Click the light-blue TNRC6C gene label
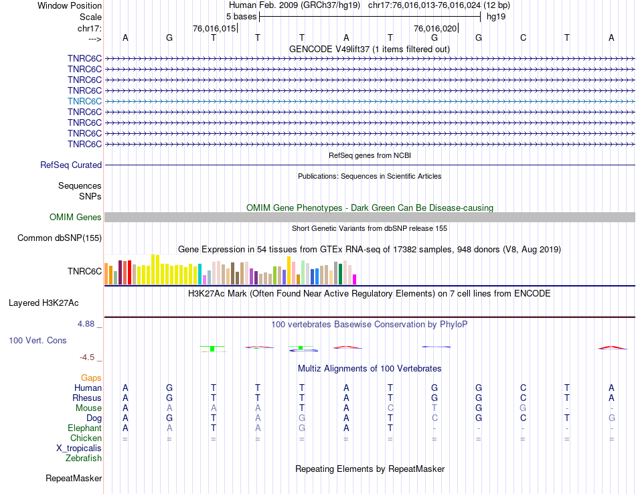(x=84, y=101)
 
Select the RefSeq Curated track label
(x=71, y=165)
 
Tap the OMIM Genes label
(x=75, y=217)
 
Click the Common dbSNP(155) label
(x=60, y=238)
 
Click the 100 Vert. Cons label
(x=37, y=340)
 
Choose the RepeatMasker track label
(x=74, y=478)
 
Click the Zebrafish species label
(x=84, y=459)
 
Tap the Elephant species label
(x=84, y=428)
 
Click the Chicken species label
(x=86, y=438)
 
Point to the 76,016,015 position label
(x=214, y=29)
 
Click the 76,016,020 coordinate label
(x=435, y=29)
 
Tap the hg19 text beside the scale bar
(x=496, y=15)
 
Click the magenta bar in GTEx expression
(x=355, y=279)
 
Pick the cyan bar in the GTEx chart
(x=200, y=274)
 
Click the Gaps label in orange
(x=91, y=378)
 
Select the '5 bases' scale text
(x=238, y=15)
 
